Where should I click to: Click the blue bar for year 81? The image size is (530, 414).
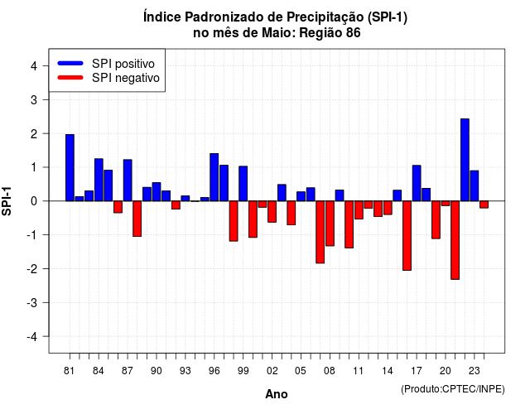[x=70, y=167]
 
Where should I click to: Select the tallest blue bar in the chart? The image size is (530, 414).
[x=465, y=160]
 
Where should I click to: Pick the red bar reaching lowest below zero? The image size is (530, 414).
[x=455, y=240]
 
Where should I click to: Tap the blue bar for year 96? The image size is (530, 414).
[x=214, y=177]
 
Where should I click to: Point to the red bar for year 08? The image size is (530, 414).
[x=330, y=224]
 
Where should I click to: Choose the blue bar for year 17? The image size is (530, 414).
[x=417, y=183]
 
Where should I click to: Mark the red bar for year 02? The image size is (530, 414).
[x=272, y=212]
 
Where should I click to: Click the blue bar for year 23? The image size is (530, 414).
[x=475, y=185]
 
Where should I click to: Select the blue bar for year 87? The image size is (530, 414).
[x=128, y=181]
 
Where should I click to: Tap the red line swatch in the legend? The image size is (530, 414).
[x=70, y=78]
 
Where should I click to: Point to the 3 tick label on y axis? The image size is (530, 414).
[x=34, y=99]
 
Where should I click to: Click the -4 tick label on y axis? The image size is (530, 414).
[x=32, y=337]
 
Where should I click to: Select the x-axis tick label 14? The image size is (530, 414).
[x=388, y=371]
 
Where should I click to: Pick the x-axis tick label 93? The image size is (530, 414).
[x=185, y=371]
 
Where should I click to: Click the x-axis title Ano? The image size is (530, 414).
[x=277, y=394]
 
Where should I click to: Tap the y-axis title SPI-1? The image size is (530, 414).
[x=7, y=201]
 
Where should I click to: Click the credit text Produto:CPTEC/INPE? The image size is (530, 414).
[x=453, y=389]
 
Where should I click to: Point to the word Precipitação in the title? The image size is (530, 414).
[x=325, y=17]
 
